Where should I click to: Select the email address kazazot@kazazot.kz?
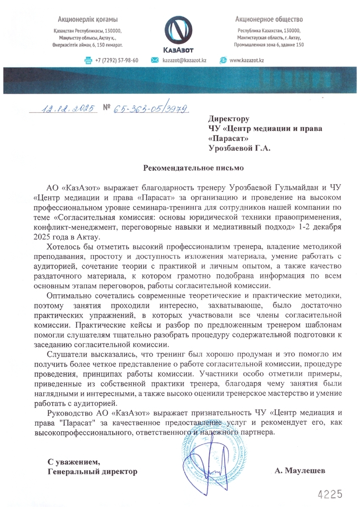tap(184, 61)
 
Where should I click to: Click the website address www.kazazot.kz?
tap(246, 61)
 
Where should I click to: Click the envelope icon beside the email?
tap(155, 60)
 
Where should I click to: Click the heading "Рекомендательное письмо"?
tap(193, 167)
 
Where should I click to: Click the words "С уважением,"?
tap(74, 461)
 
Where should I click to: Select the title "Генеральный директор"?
tap(92, 471)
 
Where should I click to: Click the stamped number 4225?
tap(329, 494)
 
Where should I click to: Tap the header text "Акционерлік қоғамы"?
tap(88, 20)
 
